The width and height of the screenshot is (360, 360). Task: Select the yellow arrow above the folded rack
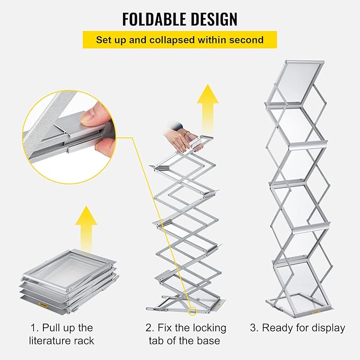[86, 223]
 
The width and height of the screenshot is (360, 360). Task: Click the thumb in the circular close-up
[93, 118]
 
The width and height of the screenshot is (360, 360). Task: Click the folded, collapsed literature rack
[69, 281]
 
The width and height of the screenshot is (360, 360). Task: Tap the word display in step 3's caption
[326, 328]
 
